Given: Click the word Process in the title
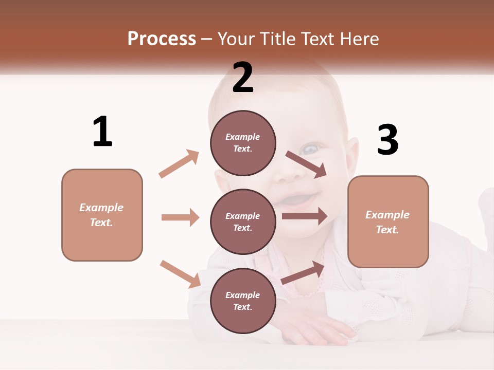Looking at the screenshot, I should click(x=162, y=39).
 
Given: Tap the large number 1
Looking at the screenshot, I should click(x=102, y=132).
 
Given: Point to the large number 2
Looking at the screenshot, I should click(x=243, y=78).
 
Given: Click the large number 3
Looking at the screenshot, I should click(x=387, y=140).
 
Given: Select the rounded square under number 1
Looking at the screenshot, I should click(x=102, y=215).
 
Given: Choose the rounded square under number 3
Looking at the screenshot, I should click(x=388, y=221).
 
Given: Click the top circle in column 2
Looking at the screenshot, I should click(x=243, y=143).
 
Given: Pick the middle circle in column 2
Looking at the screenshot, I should click(x=243, y=221).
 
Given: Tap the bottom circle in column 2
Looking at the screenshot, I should click(x=243, y=301).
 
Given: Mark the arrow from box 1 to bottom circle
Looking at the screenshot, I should click(x=180, y=274).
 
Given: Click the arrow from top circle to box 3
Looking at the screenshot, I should click(x=306, y=164).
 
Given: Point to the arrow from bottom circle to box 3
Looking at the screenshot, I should click(x=303, y=273).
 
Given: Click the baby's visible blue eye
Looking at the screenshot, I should click(x=310, y=150).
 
